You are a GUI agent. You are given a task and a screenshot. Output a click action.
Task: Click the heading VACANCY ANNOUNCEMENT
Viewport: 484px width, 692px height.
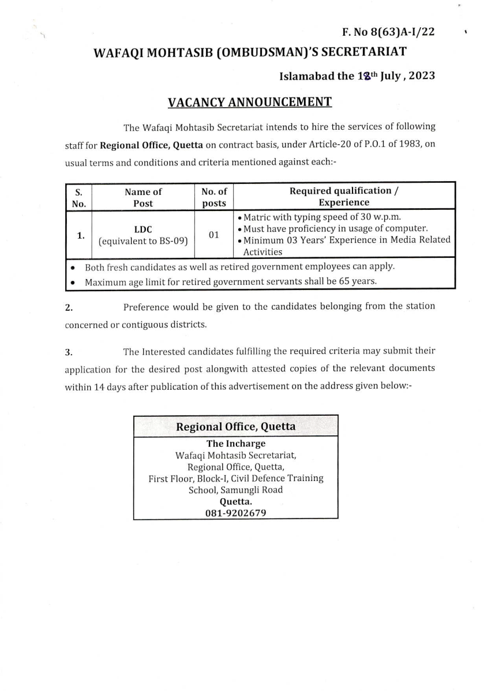point(249,103)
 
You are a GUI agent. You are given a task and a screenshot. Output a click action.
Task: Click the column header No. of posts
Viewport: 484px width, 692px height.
point(214,197)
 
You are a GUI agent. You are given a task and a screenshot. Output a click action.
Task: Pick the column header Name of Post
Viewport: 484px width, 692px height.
point(143,197)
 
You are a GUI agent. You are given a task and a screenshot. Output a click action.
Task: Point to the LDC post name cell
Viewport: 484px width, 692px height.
point(143,230)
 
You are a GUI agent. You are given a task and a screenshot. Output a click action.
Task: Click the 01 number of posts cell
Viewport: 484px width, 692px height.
point(214,235)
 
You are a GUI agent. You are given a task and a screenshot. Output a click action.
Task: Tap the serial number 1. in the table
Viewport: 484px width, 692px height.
point(81,235)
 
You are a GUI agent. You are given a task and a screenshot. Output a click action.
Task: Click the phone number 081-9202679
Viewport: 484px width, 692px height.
point(235,513)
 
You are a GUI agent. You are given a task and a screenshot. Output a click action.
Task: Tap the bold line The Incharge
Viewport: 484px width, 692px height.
point(235,443)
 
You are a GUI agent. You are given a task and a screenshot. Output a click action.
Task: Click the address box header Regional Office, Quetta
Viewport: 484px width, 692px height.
point(235,427)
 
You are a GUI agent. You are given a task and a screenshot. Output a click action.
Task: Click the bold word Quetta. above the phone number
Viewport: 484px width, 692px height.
point(235,501)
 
